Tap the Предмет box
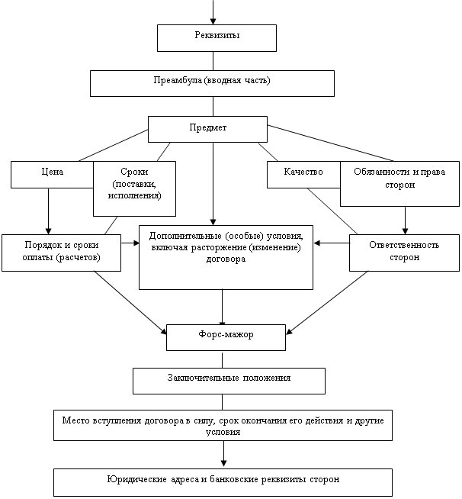207,129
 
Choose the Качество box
303,174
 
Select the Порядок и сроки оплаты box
62,253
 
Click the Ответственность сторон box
404,253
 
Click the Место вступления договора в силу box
223,426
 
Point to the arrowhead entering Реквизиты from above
214,21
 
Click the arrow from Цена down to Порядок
49,211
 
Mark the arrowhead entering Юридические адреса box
223,463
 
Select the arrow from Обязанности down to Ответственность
405,220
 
